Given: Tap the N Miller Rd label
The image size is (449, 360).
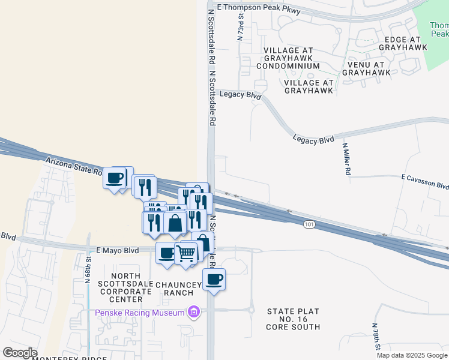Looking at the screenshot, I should pos(346,159).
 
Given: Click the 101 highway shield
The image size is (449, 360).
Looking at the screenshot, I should pos(309,224).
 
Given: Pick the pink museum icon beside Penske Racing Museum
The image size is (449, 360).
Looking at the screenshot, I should pos(193,312).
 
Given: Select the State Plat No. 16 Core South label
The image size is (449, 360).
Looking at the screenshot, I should pos(294,319).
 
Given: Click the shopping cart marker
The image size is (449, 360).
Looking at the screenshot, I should pos(186,253).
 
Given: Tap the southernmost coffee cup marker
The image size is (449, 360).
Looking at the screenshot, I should pos(214,279).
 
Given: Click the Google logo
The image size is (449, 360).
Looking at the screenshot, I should pos(19,353).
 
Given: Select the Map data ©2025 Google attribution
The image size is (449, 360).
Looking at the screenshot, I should pos(411,355).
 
